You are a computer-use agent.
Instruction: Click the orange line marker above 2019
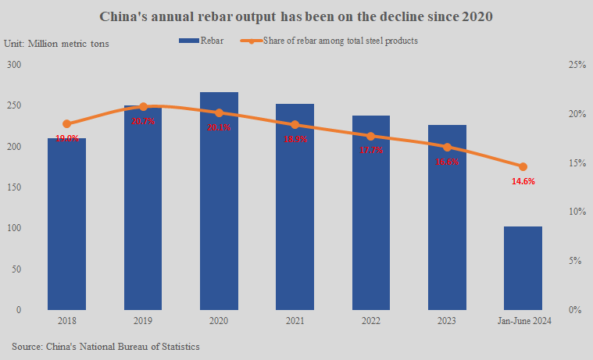pos(143,106)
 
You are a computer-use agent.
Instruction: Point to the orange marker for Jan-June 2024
pos(523,166)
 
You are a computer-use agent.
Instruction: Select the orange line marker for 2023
pos(447,147)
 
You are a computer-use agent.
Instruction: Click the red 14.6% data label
pos(523,181)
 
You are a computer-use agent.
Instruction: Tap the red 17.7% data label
pos(371,150)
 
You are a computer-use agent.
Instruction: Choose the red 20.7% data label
pos(143,121)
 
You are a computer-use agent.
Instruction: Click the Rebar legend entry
pos(202,41)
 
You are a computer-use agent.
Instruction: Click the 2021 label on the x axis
pos(295,321)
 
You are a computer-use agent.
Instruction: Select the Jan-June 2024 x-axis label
pos(523,321)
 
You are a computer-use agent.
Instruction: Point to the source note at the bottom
pos(105,345)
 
